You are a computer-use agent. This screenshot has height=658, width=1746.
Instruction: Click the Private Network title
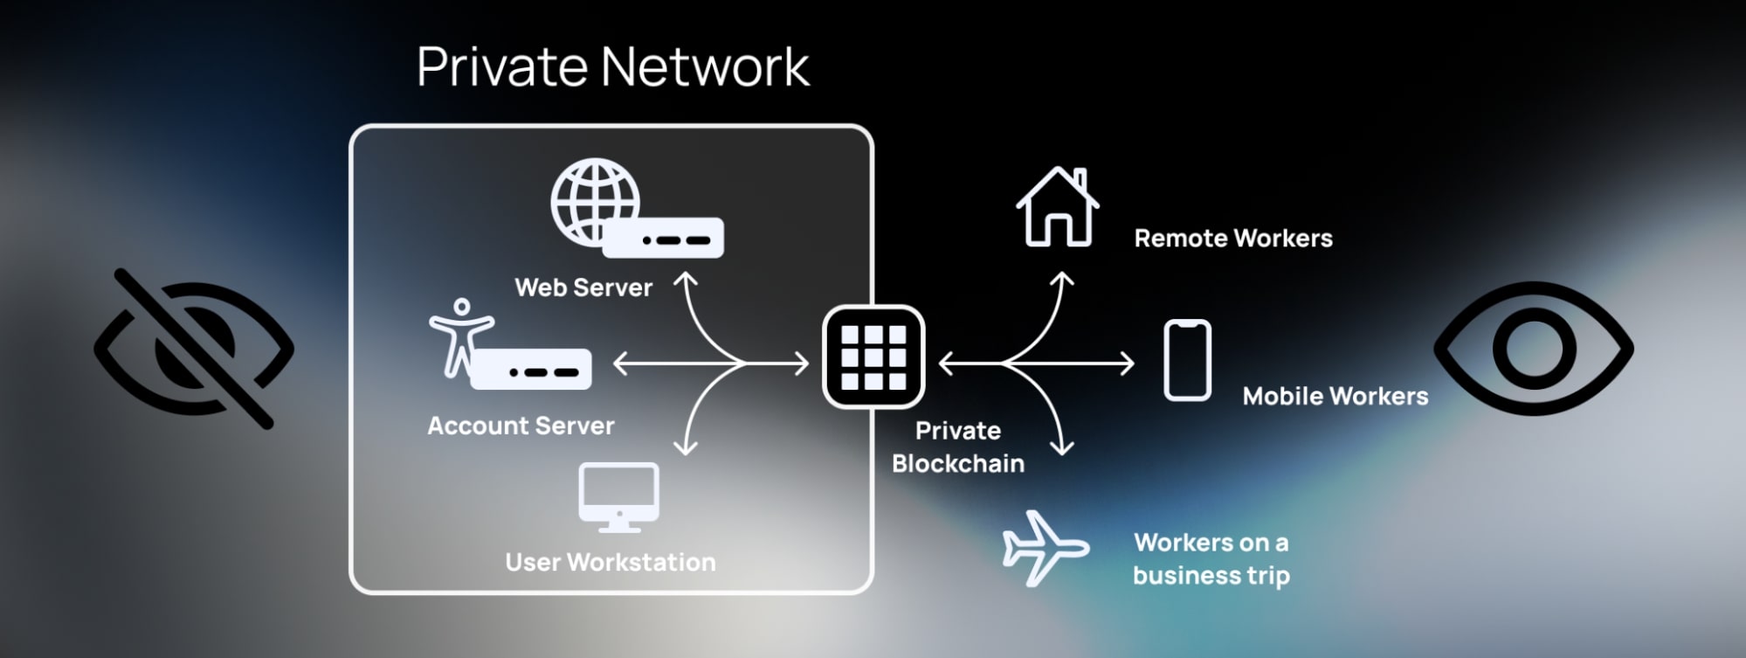coord(612,67)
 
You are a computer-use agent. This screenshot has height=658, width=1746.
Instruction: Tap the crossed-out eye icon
coord(194,348)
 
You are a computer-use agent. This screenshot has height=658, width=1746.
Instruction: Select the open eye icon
coord(1533,348)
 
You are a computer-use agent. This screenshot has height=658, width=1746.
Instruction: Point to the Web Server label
coord(583,287)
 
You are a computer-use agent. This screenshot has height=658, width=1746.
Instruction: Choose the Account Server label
coord(521,426)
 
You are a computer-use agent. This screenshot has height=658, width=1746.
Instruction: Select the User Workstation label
coord(610,562)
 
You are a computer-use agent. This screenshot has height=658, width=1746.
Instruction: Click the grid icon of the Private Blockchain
coord(873,357)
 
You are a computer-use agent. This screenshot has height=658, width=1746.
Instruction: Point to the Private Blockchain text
coord(958,447)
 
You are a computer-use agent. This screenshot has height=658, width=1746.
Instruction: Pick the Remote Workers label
coord(1232,239)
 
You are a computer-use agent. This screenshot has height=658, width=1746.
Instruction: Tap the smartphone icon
coord(1187,360)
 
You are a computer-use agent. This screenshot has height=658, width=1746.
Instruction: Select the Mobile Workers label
coord(1335,397)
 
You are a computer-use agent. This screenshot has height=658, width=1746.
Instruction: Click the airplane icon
coord(1044,548)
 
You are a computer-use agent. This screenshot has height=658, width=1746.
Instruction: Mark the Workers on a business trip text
coord(1211,558)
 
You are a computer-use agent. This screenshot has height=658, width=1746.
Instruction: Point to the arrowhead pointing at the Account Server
coord(619,363)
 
